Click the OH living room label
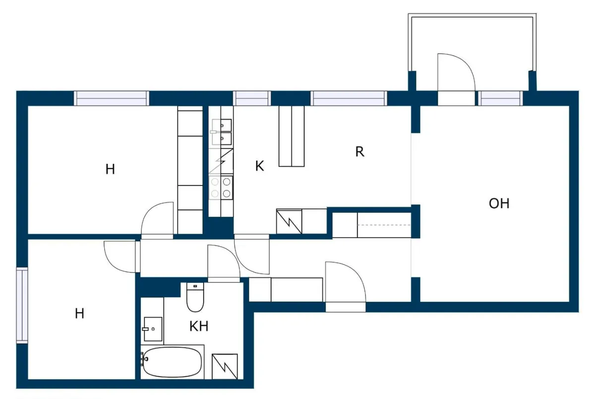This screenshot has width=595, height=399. (499, 203)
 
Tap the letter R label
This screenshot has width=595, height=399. (359, 152)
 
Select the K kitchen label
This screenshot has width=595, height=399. (259, 166)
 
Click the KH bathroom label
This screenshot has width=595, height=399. (199, 326)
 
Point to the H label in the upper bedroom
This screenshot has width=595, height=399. (110, 169)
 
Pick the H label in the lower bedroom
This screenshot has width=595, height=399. (79, 314)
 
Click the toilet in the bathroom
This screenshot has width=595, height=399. (195, 297)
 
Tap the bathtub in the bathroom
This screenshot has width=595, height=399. (172, 362)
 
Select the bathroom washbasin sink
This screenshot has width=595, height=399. (153, 329)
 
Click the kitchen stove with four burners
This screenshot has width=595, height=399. (221, 188)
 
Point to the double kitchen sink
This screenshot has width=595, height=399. (221, 132)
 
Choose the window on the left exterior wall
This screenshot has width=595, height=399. (22, 305)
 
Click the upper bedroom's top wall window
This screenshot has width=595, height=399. (111, 98)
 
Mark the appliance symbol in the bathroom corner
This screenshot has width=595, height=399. (225, 367)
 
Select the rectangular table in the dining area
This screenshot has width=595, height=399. (292, 136)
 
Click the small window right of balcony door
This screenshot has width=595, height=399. (500, 98)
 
